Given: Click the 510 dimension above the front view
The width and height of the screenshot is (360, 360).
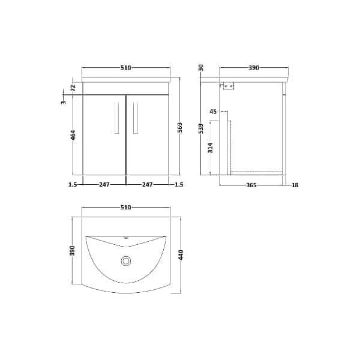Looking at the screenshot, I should (126, 68).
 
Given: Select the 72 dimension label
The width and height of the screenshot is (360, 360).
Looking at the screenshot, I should (73, 87).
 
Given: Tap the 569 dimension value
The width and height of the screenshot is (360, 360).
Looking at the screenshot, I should (179, 128).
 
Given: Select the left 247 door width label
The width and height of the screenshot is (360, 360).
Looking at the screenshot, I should (105, 185).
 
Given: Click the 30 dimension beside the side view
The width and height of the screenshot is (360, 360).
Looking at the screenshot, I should (202, 68).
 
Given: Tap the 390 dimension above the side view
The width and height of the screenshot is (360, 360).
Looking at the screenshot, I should (253, 68).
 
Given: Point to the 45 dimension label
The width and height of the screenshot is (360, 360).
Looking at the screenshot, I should (213, 112).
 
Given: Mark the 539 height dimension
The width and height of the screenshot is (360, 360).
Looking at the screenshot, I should (202, 128).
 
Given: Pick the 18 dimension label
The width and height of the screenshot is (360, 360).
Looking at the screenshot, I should (295, 185).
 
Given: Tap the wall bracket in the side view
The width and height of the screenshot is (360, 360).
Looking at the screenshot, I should (227, 86).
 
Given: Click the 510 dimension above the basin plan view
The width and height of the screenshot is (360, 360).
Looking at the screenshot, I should (126, 207).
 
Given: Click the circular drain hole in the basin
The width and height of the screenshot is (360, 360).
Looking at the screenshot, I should (126, 260).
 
